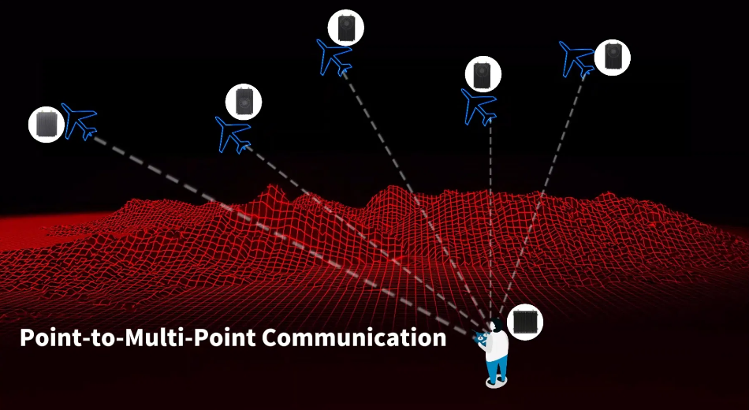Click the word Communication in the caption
[x=354, y=337]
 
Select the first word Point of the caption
[x=47, y=337]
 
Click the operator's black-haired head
[x=496, y=325]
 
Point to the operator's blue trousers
[x=496, y=367]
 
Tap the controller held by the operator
[x=479, y=336]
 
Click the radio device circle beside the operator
[x=525, y=322]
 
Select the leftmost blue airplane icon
[x=80, y=121]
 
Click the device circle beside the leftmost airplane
[x=47, y=125]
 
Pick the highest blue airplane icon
[x=334, y=58]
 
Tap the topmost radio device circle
[x=346, y=28]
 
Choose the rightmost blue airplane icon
[x=576, y=59]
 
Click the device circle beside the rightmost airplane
[x=613, y=58]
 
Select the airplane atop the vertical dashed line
[x=479, y=107]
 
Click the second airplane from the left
[x=233, y=134]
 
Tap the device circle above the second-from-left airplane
[x=244, y=102]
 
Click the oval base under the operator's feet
[x=496, y=382]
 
